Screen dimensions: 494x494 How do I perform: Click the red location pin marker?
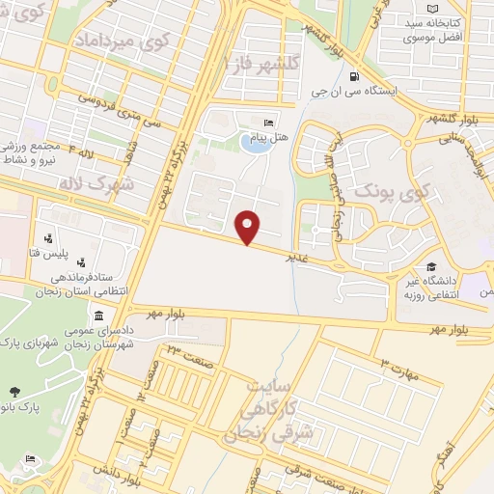248,226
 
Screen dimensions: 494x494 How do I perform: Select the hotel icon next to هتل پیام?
268,123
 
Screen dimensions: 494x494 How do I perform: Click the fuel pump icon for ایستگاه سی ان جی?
355,77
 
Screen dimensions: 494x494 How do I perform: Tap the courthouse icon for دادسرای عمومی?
99,317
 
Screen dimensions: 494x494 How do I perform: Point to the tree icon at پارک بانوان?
14,392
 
